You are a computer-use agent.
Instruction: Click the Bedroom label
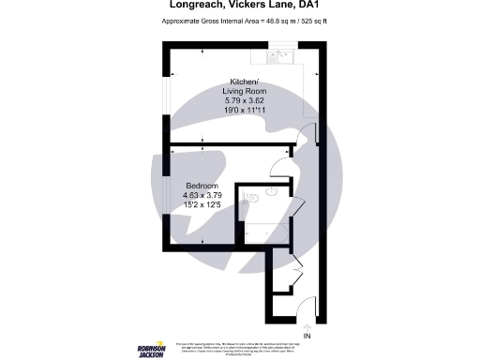(x=202, y=185)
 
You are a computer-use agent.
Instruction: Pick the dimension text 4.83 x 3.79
(x=202, y=195)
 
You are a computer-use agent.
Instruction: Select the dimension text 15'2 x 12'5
(x=202, y=204)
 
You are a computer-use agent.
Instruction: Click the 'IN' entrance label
(x=307, y=336)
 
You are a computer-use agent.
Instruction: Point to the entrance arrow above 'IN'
(x=307, y=324)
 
